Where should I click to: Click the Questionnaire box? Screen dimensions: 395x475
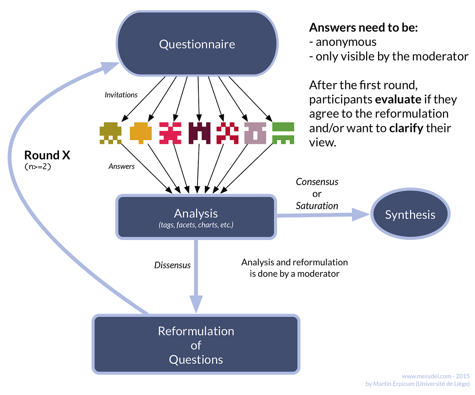[197, 44]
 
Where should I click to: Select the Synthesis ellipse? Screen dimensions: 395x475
[410, 215]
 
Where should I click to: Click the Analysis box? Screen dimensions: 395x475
[196, 217]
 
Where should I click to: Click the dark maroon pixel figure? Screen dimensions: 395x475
[199, 133]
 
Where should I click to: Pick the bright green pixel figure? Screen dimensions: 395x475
[283, 133]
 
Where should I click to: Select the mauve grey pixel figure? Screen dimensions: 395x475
[255, 133]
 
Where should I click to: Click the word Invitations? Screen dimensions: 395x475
[121, 95]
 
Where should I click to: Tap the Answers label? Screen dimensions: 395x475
[122, 166]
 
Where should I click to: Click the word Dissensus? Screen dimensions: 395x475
[172, 265]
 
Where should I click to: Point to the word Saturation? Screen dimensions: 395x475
[317, 206]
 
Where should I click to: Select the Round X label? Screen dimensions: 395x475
[47, 155]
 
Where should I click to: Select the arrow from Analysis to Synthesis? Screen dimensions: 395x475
[323, 215]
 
